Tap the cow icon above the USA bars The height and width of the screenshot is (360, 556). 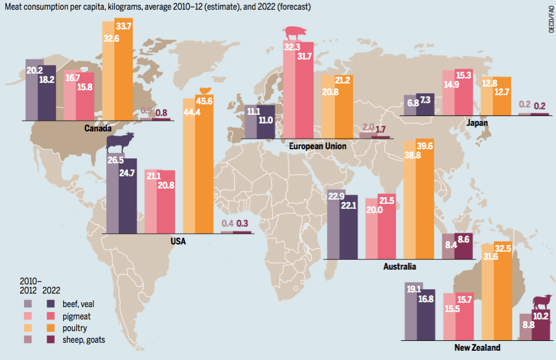[x=121, y=144]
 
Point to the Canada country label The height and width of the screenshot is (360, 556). [x=98, y=129]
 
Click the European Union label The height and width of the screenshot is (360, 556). [x=318, y=146]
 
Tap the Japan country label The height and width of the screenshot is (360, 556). [x=477, y=123]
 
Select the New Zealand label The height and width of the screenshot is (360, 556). [x=477, y=348]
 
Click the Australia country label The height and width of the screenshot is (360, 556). [x=399, y=267]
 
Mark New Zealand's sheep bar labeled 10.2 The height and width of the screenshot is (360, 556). [x=541, y=326]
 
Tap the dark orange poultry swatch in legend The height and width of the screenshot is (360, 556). [x=51, y=327]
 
